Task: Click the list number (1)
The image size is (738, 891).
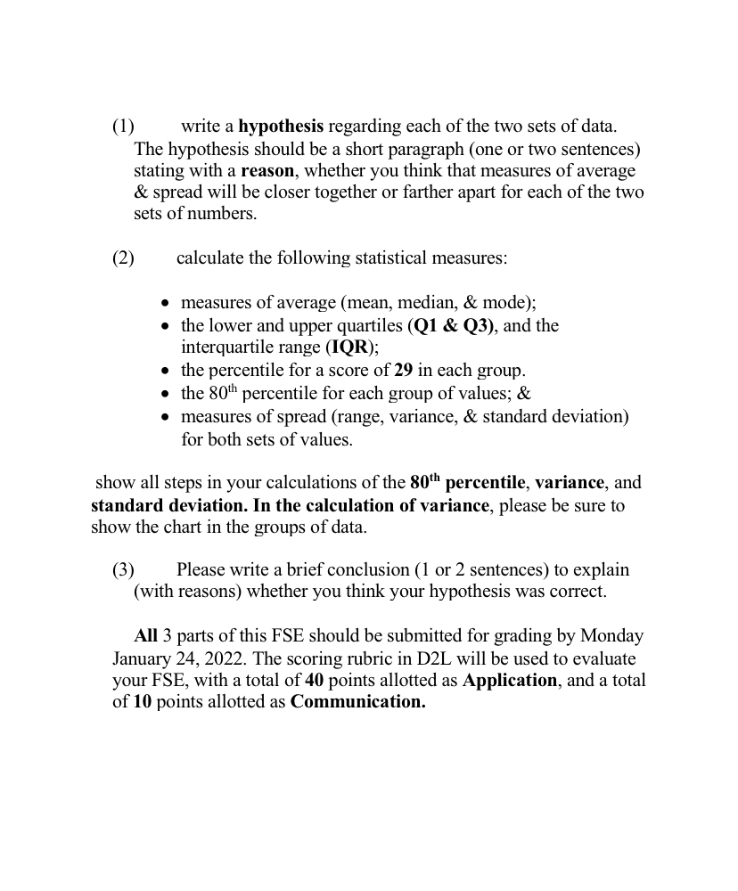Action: point(123,127)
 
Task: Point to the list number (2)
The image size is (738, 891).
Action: point(123,258)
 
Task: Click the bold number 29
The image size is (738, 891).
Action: point(404,370)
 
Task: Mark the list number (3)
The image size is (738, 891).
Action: point(123,569)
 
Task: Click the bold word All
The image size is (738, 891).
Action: point(145,636)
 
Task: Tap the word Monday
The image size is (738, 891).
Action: point(611,636)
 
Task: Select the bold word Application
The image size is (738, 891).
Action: point(510,681)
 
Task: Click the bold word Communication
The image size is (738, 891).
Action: point(357,702)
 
